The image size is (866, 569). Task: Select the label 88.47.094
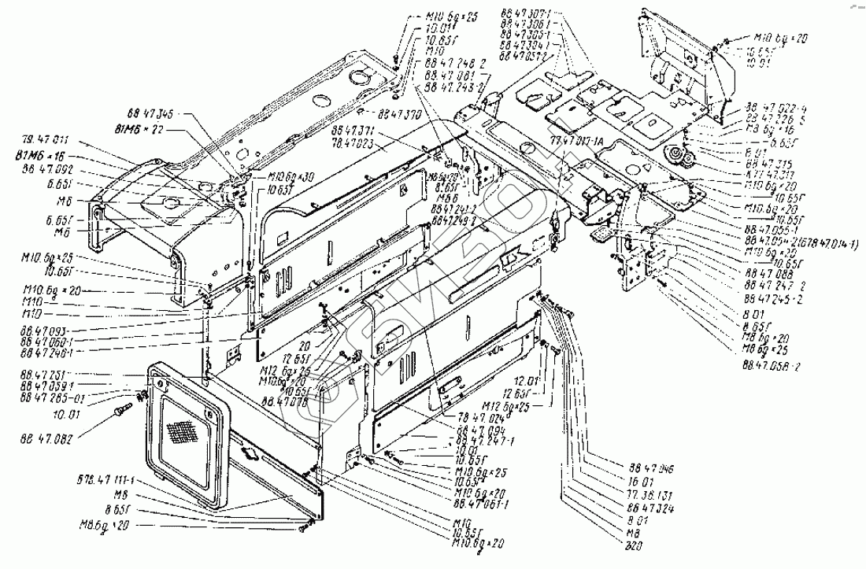tap(472, 432)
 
